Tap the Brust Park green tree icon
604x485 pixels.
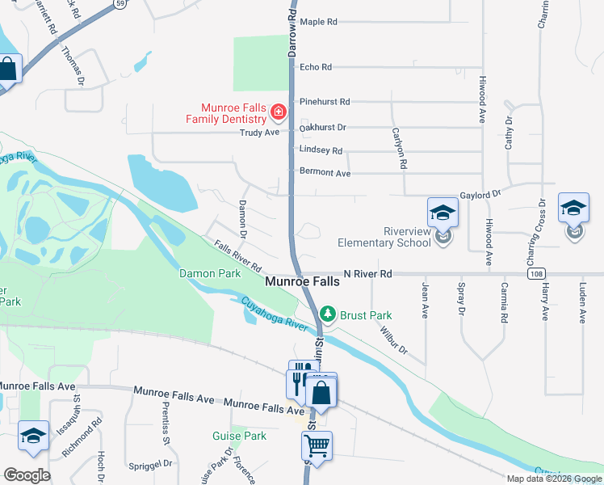(327, 313)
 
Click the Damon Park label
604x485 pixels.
(210, 274)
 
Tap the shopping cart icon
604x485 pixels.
(317, 445)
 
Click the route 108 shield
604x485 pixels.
(536, 275)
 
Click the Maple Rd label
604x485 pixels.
(318, 22)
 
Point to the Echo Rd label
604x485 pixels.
(316, 67)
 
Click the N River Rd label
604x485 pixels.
(367, 275)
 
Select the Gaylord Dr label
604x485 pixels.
(481, 195)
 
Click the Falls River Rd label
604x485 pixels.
(238, 255)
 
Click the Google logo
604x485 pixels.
(27, 474)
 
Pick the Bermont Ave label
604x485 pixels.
(325, 173)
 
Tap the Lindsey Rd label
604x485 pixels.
(321, 151)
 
